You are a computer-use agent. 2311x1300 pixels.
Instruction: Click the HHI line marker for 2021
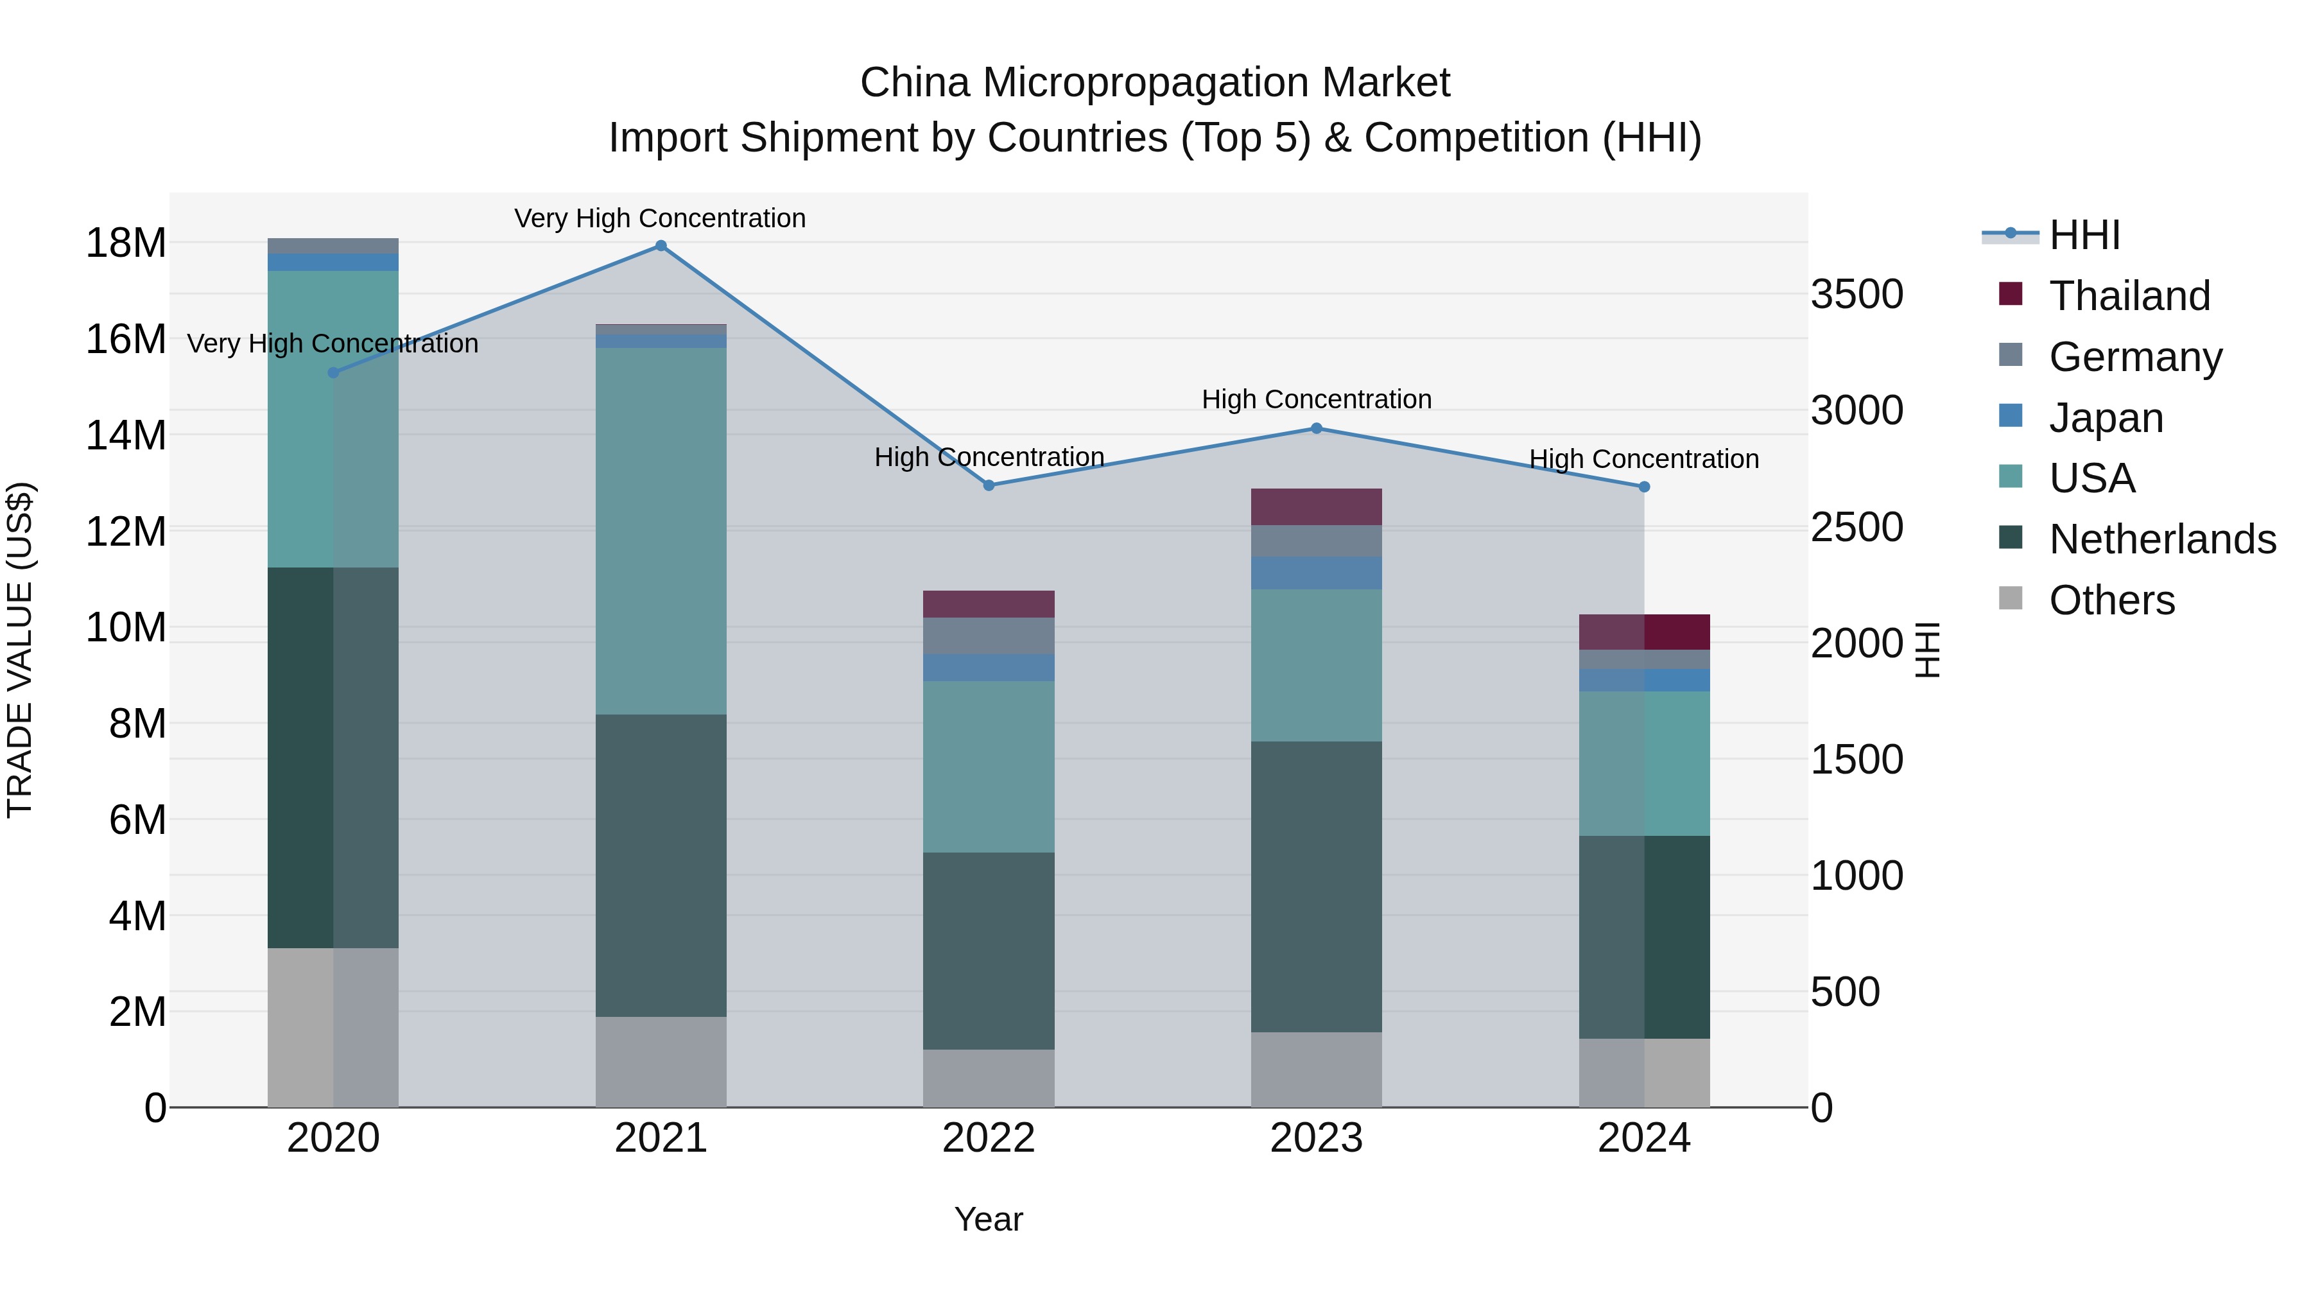[x=661, y=246]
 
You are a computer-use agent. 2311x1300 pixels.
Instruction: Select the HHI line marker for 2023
[x=1316, y=429]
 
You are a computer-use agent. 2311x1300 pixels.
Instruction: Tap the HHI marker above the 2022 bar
[x=989, y=485]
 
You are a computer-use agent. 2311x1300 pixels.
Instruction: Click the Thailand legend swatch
[x=2011, y=294]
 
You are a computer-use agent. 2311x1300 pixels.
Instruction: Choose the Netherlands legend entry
[x=2162, y=539]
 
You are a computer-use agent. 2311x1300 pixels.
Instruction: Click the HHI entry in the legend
[x=2084, y=235]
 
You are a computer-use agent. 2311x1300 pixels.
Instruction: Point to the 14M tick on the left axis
[x=126, y=435]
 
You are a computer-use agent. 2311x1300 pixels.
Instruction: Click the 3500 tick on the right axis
[x=1856, y=294]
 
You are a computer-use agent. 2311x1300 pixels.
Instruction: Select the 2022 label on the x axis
[x=989, y=1138]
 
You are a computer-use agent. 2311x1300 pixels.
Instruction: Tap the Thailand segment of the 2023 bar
[x=1316, y=507]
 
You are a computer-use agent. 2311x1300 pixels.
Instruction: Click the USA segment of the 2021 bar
[x=661, y=531]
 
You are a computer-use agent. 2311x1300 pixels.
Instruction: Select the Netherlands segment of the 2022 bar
[x=989, y=951]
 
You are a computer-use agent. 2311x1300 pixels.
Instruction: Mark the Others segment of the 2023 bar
[x=1316, y=1070]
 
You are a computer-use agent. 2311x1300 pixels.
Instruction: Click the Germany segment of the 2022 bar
[x=989, y=636]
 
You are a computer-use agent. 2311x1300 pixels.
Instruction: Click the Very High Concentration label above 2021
[x=661, y=219]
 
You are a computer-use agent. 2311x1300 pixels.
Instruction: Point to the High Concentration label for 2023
[x=1316, y=399]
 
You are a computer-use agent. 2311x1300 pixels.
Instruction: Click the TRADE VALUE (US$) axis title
[x=21, y=650]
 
